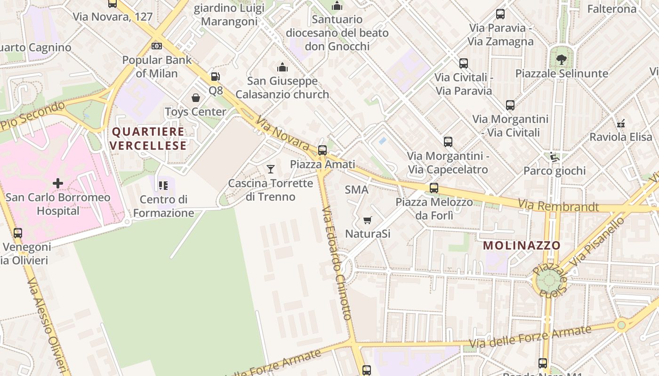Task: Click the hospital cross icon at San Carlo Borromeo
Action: tap(58, 183)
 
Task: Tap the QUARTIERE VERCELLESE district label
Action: tap(148, 138)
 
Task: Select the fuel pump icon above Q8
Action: tap(215, 77)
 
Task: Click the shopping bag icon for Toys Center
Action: tap(196, 98)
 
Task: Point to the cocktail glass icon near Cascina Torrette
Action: tap(271, 169)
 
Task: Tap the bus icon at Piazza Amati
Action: tap(322, 150)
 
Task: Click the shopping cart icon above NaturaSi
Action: tap(368, 220)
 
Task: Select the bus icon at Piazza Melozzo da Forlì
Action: tap(434, 188)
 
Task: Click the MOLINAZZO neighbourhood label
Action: tap(522, 245)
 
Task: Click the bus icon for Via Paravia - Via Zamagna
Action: tap(500, 14)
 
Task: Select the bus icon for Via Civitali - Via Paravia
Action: tap(464, 63)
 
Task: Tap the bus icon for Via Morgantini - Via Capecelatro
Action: tap(448, 141)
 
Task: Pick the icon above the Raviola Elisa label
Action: tap(621, 123)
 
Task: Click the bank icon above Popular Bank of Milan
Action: tap(157, 46)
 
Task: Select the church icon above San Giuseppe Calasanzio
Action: tap(282, 68)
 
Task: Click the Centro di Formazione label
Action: tap(164, 206)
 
